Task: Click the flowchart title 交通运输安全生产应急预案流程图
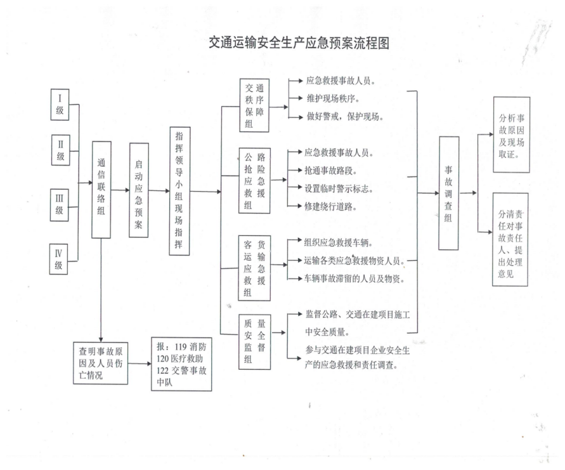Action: pos(299,43)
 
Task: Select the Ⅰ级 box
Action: pos(60,105)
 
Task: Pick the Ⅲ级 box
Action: pos(60,205)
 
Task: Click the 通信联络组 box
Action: pos(101,190)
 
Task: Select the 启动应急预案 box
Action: pos(138,190)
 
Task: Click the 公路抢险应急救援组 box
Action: pos(255,180)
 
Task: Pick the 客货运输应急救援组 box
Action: pos(255,268)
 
